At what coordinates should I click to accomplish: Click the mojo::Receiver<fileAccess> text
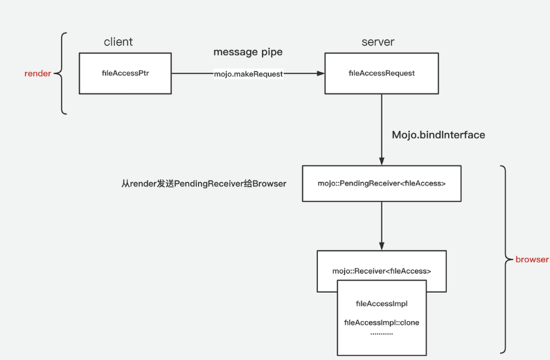(x=382, y=271)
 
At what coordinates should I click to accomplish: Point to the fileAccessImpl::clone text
(x=382, y=323)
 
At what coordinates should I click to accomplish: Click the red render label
(x=37, y=73)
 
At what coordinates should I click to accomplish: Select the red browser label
(x=532, y=260)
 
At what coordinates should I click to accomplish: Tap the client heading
(x=118, y=42)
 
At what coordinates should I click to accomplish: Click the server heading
(x=378, y=42)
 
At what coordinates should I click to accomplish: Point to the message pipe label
(x=248, y=52)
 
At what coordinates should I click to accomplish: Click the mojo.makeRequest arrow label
(x=249, y=74)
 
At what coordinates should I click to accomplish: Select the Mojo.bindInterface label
(x=438, y=135)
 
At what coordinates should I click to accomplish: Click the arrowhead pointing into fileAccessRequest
(x=321, y=73)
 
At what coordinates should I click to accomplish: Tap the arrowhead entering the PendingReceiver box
(x=382, y=161)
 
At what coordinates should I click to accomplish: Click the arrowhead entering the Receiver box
(x=382, y=246)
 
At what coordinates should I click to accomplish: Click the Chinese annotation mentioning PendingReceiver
(x=204, y=183)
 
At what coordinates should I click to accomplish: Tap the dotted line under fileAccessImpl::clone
(x=382, y=334)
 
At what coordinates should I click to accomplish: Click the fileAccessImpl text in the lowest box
(x=382, y=303)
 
